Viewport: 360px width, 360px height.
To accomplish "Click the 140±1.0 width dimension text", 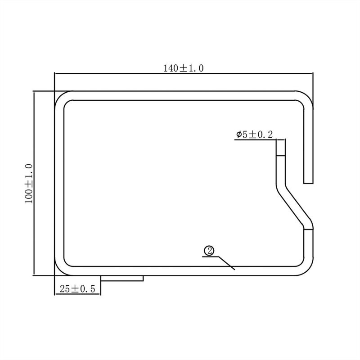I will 184,68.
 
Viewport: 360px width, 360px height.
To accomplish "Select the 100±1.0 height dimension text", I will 29,184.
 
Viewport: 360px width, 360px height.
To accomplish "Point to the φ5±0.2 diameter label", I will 254,135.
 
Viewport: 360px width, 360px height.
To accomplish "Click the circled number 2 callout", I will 208,251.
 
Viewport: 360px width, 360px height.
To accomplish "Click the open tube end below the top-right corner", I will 308,181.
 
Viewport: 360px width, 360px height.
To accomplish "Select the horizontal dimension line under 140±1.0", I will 184,74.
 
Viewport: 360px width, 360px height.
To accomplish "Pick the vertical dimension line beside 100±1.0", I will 35,184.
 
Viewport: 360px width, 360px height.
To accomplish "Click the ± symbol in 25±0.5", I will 75,289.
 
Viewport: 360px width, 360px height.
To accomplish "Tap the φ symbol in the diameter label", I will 238,135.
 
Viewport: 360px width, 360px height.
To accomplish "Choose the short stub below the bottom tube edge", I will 121,279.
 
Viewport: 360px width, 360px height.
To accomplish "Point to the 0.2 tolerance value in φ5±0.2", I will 266,135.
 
